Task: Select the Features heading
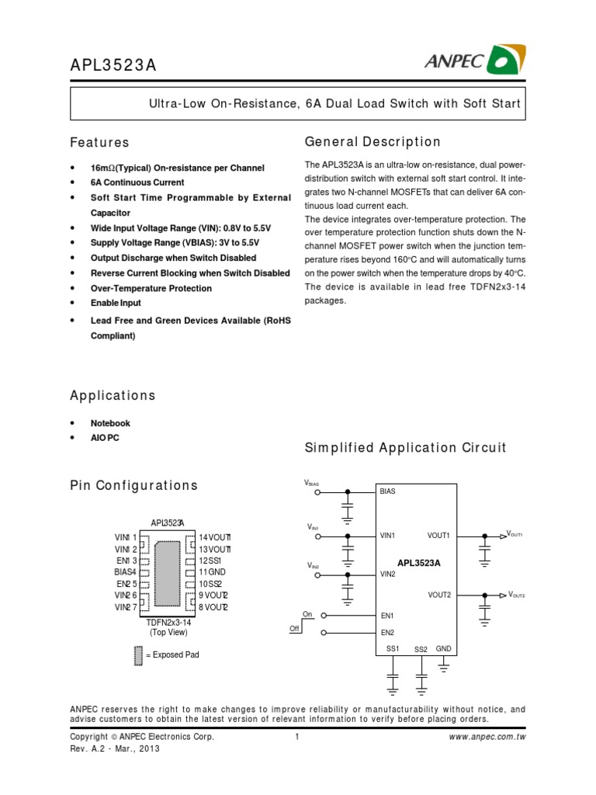pos(99,143)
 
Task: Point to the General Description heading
pos(372,142)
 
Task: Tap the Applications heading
pos(113,395)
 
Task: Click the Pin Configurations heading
pos(133,485)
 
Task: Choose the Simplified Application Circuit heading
pos(405,447)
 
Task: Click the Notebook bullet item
pos(110,423)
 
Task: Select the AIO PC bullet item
pos(105,438)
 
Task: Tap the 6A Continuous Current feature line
pos(137,182)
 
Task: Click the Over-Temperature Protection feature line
pos(151,288)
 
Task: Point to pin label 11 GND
pos(212,571)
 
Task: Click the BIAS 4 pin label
pos(126,571)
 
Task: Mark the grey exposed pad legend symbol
pos(138,656)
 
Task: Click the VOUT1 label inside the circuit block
pos(438,536)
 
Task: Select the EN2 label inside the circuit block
pos(387,632)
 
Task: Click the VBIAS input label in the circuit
pos(312,484)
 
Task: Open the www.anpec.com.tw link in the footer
pos(487,737)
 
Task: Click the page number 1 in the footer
pos(297,737)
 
